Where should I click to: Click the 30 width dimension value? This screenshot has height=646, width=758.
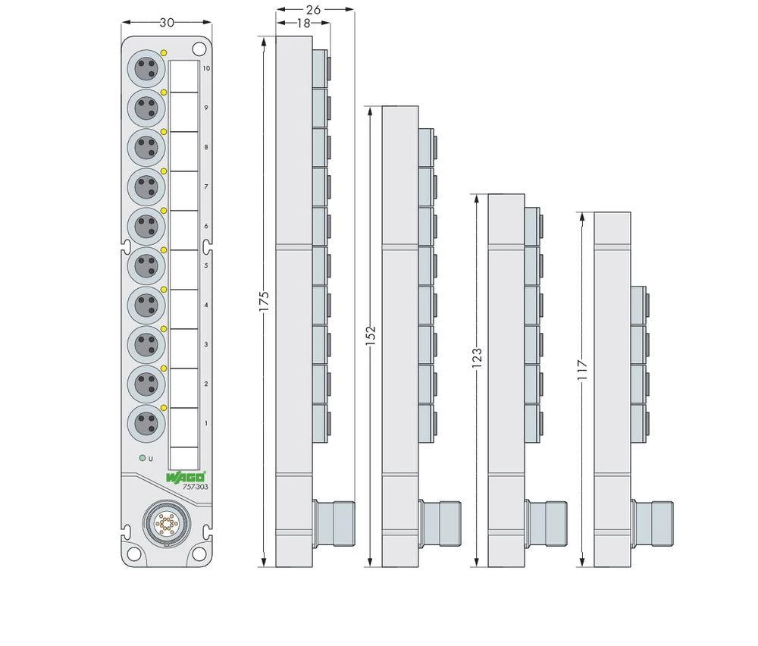click(167, 23)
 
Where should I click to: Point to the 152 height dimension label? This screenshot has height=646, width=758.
click(371, 337)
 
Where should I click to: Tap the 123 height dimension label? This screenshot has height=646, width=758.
click(477, 358)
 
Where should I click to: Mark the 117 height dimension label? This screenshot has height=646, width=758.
click(582, 368)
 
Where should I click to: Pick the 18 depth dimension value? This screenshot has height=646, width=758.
click(302, 24)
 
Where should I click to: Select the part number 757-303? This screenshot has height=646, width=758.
click(195, 487)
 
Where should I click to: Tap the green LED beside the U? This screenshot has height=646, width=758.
click(142, 459)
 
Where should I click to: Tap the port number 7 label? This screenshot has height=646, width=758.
click(206, 187)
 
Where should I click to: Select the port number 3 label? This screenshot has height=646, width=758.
click(206, 344)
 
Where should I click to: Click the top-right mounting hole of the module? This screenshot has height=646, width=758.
click(199, 49)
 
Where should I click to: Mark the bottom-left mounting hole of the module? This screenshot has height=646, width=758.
click(133, 553)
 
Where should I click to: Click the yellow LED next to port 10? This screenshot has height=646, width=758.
click(164, 52)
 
